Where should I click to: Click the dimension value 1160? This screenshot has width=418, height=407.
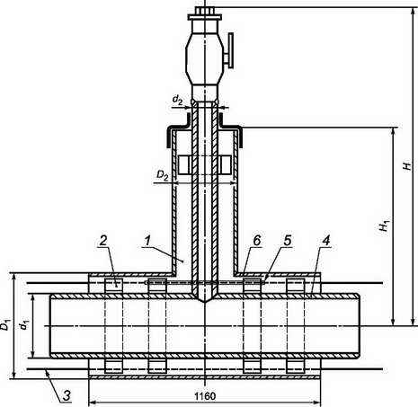point(205,396)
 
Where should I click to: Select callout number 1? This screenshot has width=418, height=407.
point(147,241)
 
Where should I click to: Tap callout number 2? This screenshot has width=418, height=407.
point(103,241)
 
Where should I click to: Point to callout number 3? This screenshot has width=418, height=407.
point(67,395)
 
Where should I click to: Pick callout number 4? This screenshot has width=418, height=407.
point(326,241)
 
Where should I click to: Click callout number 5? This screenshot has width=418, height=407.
point(288,241)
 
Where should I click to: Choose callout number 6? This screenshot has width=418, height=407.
point(257,241)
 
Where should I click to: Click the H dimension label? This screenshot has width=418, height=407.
point(407,165)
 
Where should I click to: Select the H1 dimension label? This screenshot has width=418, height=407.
point(384,226)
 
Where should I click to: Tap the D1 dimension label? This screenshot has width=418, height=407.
point(5,324)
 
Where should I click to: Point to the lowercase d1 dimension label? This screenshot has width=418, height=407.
point(23,325)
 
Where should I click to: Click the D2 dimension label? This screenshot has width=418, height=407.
point(163,175)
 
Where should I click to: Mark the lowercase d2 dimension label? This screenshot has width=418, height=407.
point(177,99)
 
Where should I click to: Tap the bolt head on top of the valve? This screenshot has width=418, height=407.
point(205,10)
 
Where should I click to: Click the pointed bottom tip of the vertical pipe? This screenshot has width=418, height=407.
point(205,302)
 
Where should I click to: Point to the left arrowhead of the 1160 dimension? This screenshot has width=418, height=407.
point(92,401)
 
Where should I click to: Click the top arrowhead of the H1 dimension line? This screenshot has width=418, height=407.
point(393,131)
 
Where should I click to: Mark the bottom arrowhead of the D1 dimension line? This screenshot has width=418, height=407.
point(13,375)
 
